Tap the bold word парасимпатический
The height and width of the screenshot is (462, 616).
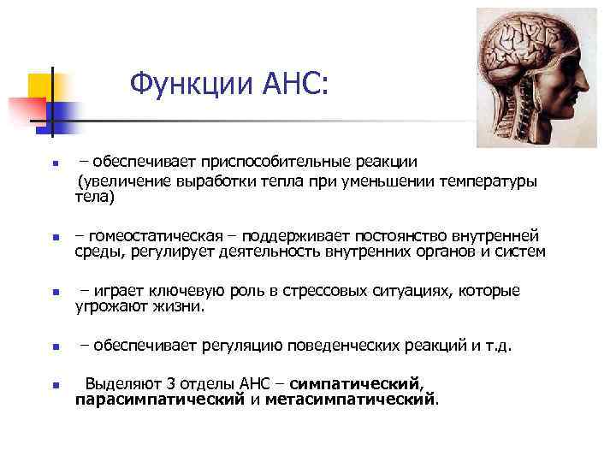pyautogui.click(x=159, y=399)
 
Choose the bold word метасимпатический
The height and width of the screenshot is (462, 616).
pyautogui.click(x=351, y=399)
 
